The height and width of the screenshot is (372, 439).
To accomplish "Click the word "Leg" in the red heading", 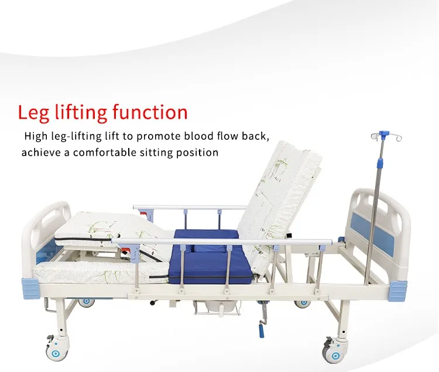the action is pyautogui.click(x=34, y=113).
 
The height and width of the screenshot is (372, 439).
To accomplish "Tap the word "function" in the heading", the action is pyautogui.click(x=150, y=112).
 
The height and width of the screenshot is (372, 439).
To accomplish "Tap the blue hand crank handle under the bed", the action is pyautogui.click(x=261, y=331).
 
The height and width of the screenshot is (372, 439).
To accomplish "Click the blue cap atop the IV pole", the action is pyautogui.click(x=382, y=134).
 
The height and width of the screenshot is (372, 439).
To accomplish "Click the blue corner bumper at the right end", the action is pyautogui.click(x=397, y=291).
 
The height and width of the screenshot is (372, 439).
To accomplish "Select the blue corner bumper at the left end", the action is pyautogui.click(x=31, y=289).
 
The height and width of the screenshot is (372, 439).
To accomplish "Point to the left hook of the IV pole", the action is pyautogui.click(x=375, y=137).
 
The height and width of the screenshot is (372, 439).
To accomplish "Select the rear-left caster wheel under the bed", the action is pyautogui.click(x=86, y=302).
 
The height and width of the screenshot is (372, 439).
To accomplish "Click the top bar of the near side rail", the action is pyautogui.click(x=222, y=241).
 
